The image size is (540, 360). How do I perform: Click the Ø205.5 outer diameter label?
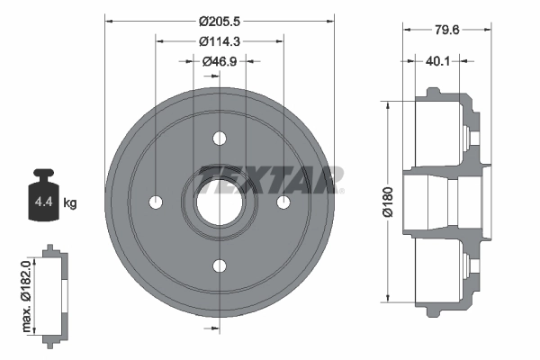[x=220, y=19]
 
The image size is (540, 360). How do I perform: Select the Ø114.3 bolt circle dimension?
[x=220, y=40]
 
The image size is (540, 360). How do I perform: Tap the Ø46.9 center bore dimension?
[x=220, y=61]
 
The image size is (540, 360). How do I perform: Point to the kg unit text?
[x=70, y=203]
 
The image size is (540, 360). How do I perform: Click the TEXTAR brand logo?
[x=271, y=178]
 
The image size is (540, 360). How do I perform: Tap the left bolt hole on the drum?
[x=157, y=202]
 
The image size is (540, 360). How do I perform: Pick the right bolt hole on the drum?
[x=283, y=202]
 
